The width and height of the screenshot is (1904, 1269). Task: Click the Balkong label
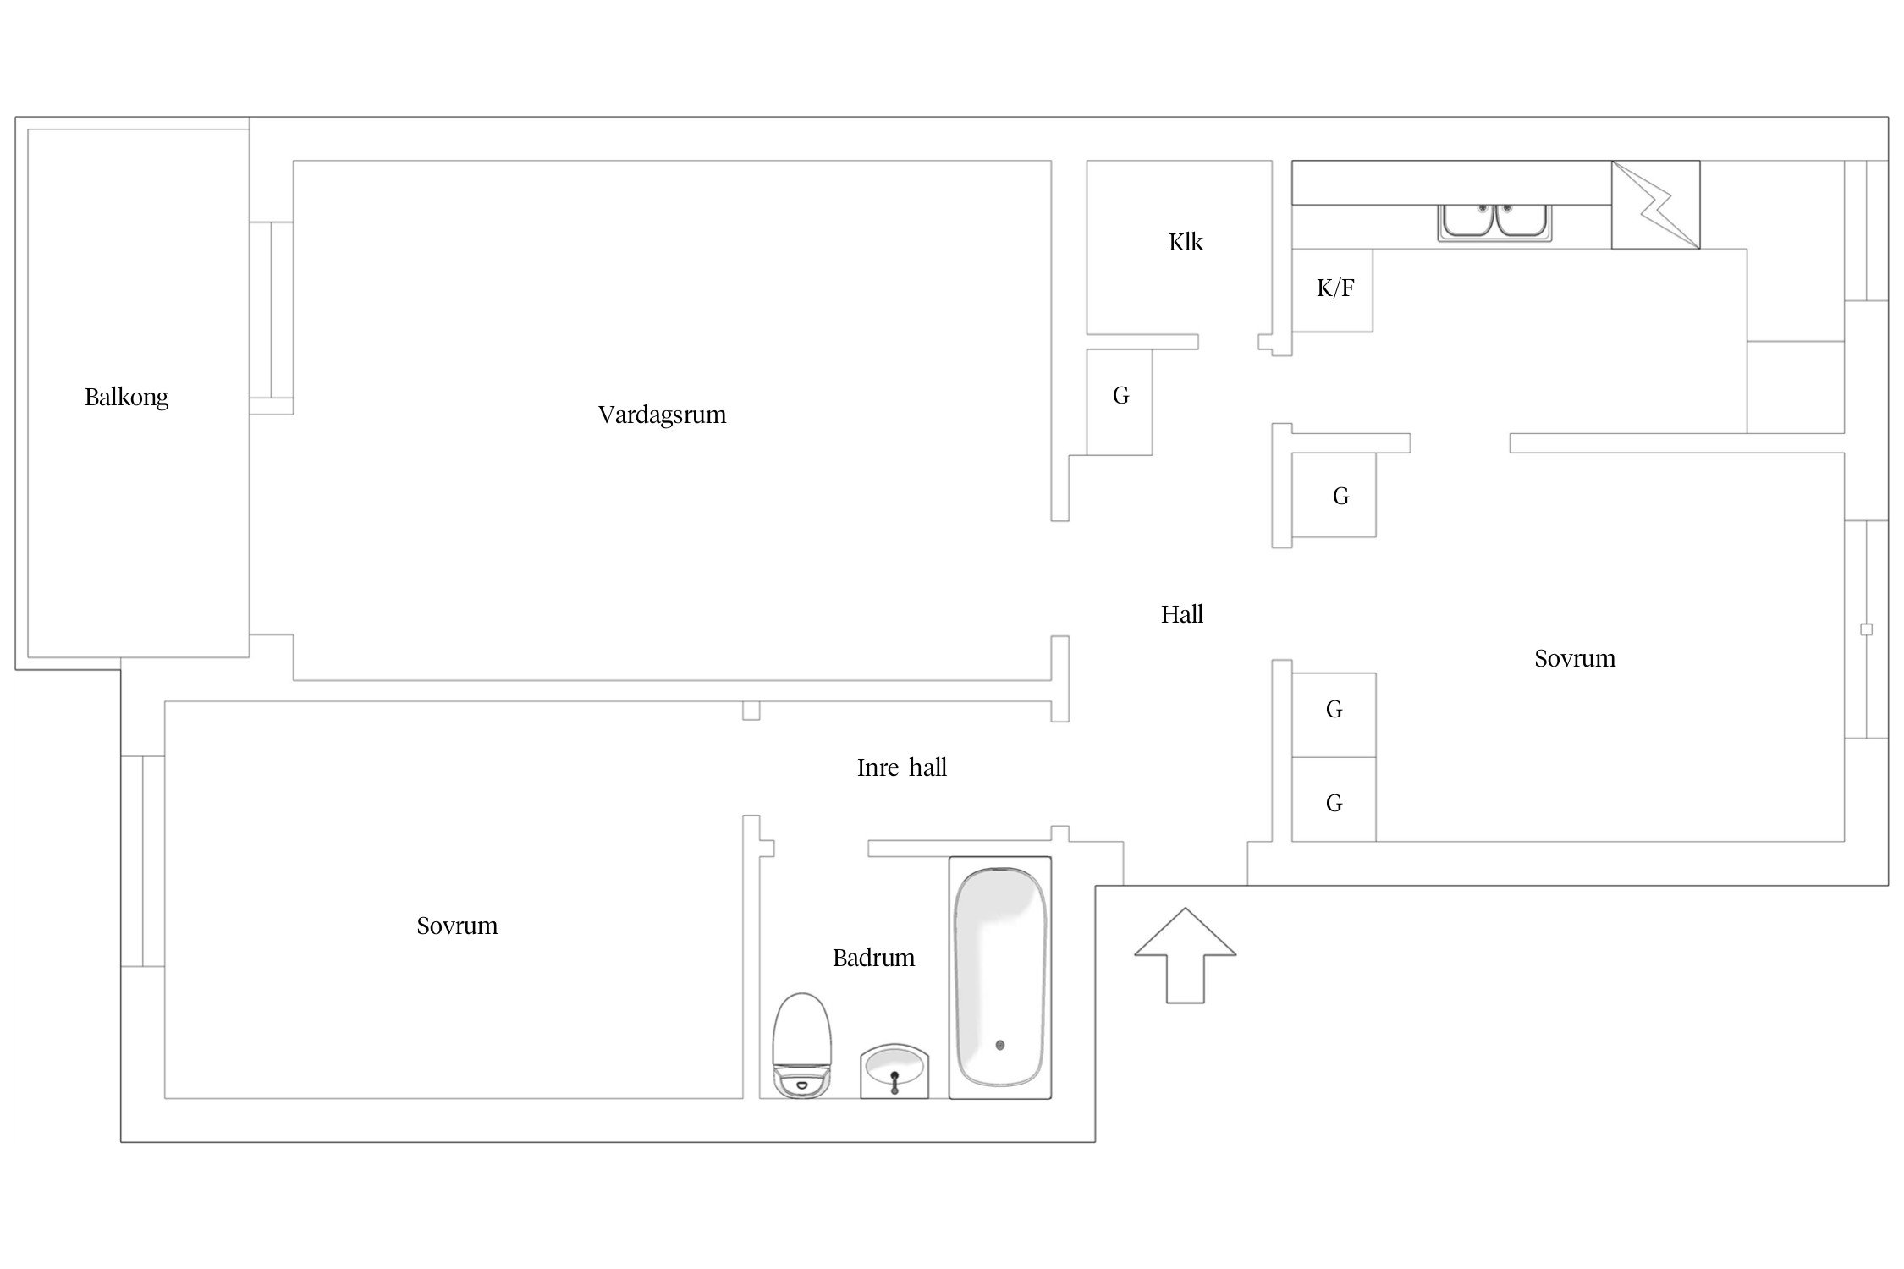click(126, 397)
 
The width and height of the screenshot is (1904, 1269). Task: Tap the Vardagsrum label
click(662, 415)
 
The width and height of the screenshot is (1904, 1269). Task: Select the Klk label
click(1186, 243)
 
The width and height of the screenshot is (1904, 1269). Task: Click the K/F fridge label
click(1335, 288)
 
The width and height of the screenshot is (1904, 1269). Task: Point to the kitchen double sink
click(1495, 222)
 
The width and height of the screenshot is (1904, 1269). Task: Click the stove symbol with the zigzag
click(1655, 205)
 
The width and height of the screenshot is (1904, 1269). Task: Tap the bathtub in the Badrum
click(999, 977)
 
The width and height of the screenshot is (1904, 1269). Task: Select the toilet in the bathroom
click(801, 1045)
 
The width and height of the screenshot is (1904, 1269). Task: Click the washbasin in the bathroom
click(894, 1071)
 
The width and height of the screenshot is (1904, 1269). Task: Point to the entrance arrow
click(1185, 955)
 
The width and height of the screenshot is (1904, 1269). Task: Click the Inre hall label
click(901, 767)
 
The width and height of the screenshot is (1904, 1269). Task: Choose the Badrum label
click(873, 958)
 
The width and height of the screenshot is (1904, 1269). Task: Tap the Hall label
click(1181, 614)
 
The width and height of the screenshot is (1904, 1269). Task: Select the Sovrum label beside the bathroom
click(457, 926)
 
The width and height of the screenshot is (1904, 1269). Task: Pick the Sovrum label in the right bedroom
click(1575, 658)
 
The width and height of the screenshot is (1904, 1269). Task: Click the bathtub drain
click(1000, 1046)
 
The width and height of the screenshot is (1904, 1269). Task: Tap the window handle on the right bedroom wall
click(1866, 629)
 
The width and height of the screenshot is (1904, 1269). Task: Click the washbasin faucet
click(894, 1082)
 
